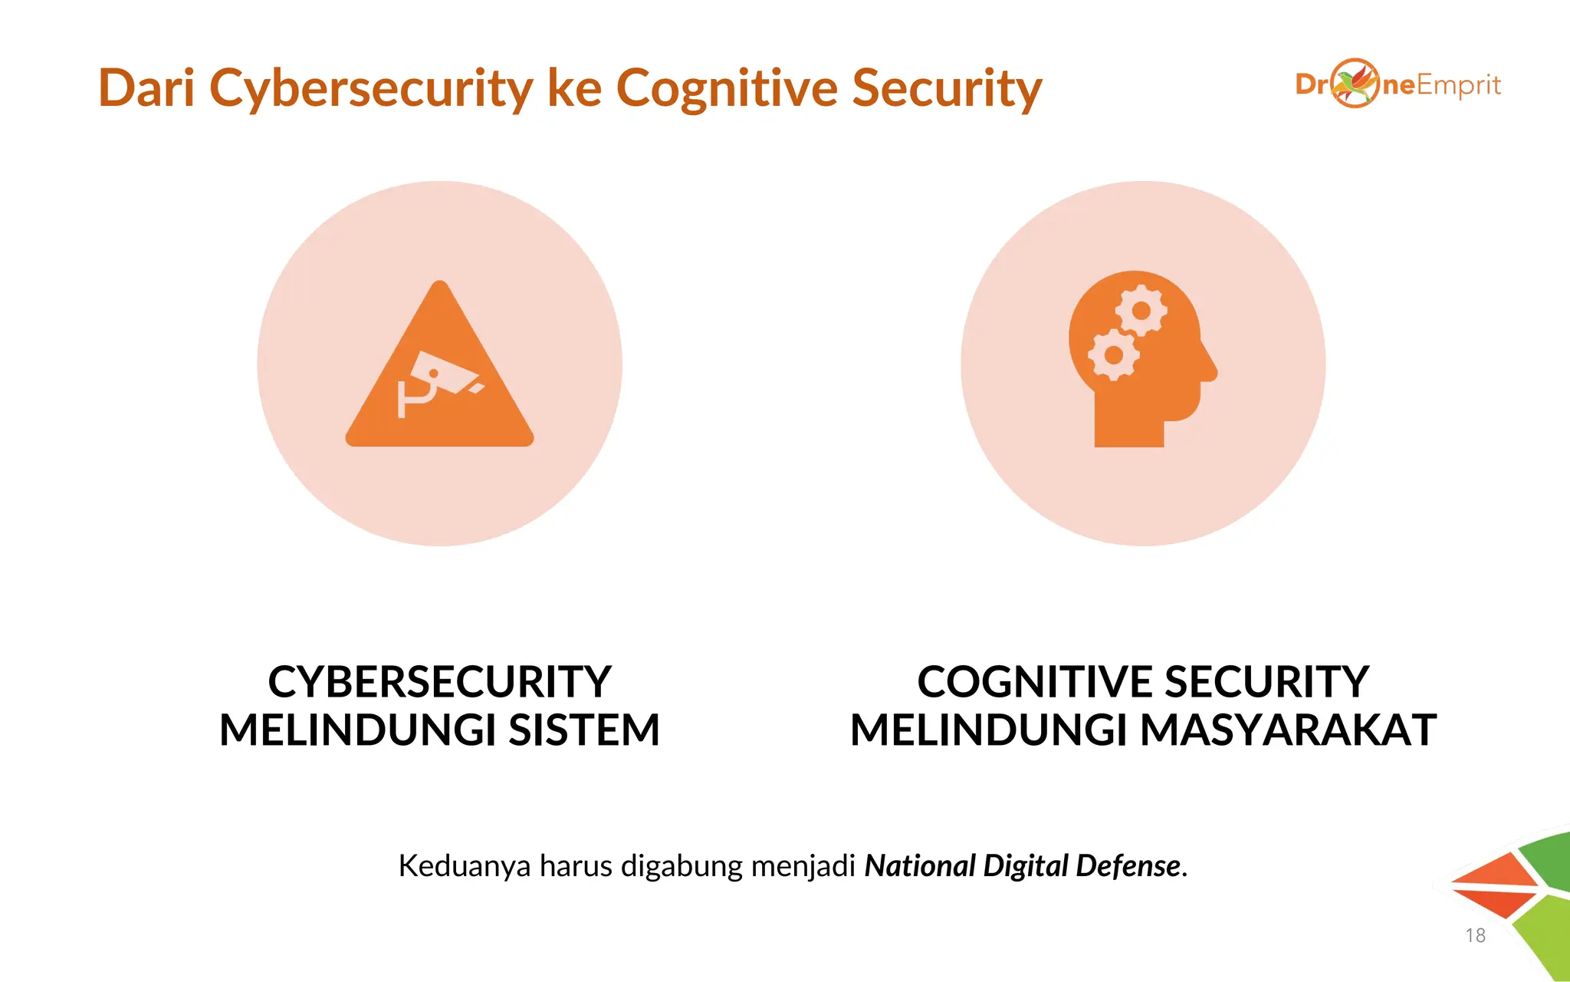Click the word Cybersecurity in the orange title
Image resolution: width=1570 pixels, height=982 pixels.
[x=371, y=88]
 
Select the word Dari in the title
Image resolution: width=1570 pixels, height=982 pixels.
[x=146, y=88]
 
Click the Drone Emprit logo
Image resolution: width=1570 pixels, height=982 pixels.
[x=1398, y=84]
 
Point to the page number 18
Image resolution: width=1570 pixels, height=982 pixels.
[x=1475, y=935]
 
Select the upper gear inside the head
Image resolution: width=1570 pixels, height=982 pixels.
[x=1141, y=310]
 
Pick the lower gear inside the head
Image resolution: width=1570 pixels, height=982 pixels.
[x=1113, y=354]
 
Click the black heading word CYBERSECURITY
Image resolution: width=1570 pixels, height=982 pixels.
[x=439, y=681]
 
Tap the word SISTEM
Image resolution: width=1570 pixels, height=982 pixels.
[x=583, y=730]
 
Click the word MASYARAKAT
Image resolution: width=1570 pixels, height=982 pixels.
[x=1288, y=730]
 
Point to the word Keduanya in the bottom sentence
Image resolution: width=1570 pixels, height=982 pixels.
[x=464, y=866]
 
